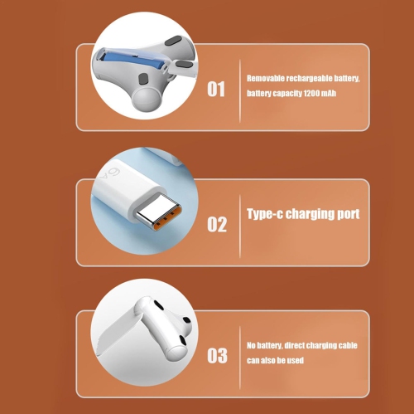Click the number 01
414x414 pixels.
pyautogui.click(x=216, y=89)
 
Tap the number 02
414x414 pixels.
pyautogui.click(x=217, y=224)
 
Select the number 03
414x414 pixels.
pyautogui.click(x=217, y=355)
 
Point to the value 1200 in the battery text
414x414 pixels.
pyautogui.click(x=311, y=93)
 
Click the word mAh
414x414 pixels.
pyautogui.click(x=329, y=93)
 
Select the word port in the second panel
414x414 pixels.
pyautogui.click(x=349, y=214)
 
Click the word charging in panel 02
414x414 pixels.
pyautogui.click(x=310, y=214)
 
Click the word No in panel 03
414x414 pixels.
pyautogui.click(x=251, y=345)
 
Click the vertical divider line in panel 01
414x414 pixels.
pyautogui.click(x=240, y=90)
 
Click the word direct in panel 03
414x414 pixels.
pyautogui.click(x=294, y=345)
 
